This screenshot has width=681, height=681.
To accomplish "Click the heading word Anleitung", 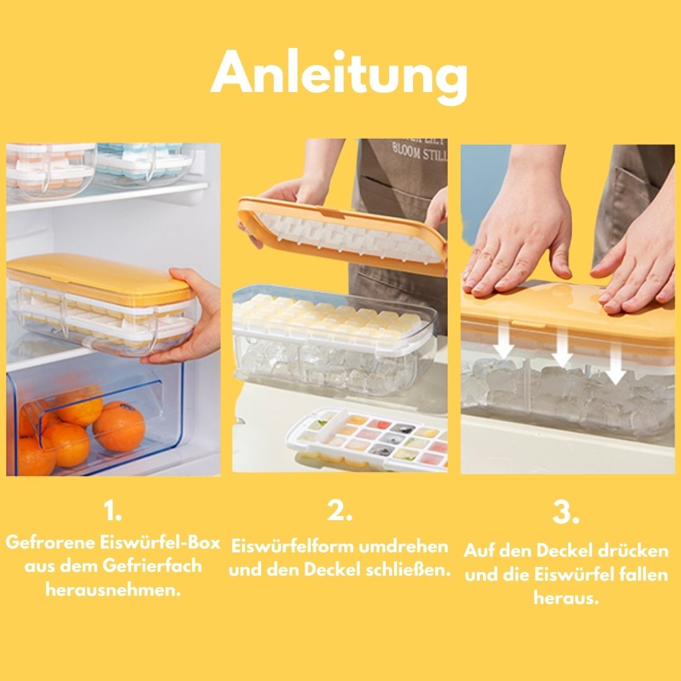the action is (339, 74).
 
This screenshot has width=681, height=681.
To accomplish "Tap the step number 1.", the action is (112, 510).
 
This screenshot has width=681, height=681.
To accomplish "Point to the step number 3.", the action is (566, 513).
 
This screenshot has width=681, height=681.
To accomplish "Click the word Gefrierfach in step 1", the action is (152, 566).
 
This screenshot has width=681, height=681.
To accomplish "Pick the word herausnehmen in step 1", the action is (112, 590).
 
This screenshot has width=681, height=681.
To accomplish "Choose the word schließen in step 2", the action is (408, 569).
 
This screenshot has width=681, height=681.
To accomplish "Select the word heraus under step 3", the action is (566, 598).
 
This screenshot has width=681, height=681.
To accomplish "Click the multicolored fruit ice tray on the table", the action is (367, 439).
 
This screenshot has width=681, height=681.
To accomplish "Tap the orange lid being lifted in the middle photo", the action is (342, 235).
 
